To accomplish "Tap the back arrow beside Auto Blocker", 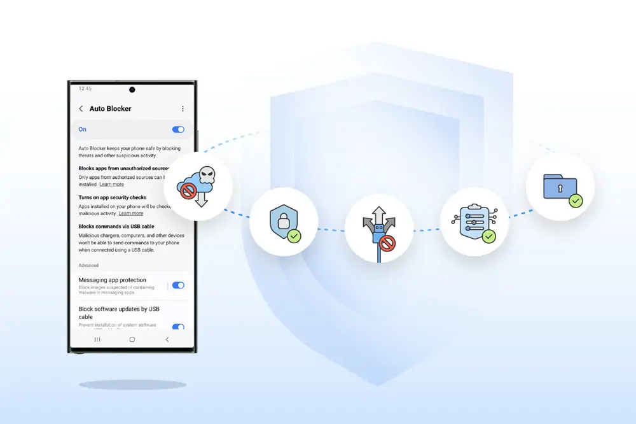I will point(81,109).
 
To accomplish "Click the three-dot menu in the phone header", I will point(183,109).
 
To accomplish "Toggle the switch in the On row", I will point(178,129).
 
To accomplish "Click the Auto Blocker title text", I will point(110,109).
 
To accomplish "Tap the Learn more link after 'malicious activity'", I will point(130,213).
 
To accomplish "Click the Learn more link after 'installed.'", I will point(111,184).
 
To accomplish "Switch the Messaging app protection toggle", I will point(178,286).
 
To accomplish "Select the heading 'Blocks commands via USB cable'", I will point(116,227).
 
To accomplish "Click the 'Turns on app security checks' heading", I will point(113,198).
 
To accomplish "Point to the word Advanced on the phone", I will point(89,265).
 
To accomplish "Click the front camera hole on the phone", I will point(132,90).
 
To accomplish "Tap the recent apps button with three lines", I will point(97,339).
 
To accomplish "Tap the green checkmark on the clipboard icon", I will point(488,236).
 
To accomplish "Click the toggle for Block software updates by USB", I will point(178,327).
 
